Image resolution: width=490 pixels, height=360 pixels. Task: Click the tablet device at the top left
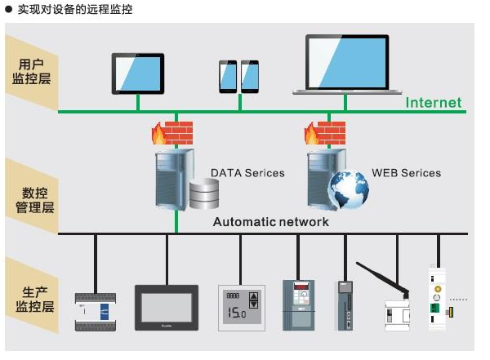pyautogui.click(x=137, y=73)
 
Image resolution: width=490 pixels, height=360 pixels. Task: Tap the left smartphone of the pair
pyautogui.click(x=227, y=76)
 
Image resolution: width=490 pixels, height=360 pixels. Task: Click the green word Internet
pyautogui.click(x=434, y=103)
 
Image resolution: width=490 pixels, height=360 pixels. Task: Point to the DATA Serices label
pyautogui.click(x=247, y=173)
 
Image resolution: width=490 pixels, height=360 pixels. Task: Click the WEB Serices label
pyautogui.click(x=406, y=173)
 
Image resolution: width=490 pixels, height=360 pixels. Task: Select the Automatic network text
pyautogui.click(x=271, y=222)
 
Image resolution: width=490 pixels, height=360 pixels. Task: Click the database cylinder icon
pyautogui.click(x=205, y=194)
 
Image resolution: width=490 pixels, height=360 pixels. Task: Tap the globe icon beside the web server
pyautogui.click(x=348, y=190)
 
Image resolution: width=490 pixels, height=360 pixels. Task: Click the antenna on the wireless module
pyautogui.click(x=381, y=278)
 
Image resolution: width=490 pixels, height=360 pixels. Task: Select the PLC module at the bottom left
pyautogui.click(x=96, y=311)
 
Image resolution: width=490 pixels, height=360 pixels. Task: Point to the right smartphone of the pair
pyautogui.click(x=249, y=76)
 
